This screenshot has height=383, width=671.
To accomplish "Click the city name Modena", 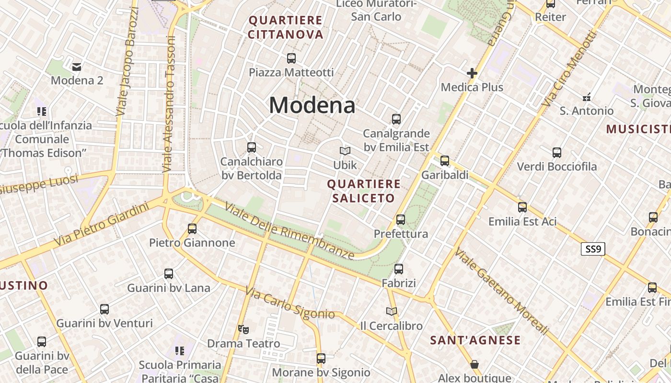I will [312, 105].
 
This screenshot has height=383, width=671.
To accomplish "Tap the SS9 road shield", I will [593, 249].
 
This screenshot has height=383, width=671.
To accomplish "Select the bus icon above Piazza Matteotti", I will [291, 58].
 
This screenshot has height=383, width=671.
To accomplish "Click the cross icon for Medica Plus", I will [472, 73].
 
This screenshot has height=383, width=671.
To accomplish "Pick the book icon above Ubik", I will [345, 151].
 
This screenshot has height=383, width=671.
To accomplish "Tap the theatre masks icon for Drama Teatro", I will [243, 329].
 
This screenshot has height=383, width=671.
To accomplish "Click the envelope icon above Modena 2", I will [77, 67].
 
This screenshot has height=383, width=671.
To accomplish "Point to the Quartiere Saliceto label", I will [363, 191].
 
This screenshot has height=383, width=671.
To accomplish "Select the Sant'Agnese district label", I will [475, 340].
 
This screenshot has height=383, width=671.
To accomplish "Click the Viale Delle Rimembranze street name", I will [289, 232].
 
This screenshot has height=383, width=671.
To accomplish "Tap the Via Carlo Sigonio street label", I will [290, 303].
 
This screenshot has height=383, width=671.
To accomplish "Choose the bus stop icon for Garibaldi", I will [445, 161].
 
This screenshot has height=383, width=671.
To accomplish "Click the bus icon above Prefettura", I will [401, 220].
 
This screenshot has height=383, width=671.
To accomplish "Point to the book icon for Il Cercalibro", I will [392, 312].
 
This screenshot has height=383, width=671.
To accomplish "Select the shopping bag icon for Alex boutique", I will [474, 364].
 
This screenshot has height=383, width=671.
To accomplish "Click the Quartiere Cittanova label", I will [286, 27].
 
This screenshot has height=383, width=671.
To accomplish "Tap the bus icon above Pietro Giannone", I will [192, 228].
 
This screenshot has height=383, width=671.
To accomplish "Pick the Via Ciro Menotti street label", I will [570, 69].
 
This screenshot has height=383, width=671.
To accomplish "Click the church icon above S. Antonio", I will [586, 97].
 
